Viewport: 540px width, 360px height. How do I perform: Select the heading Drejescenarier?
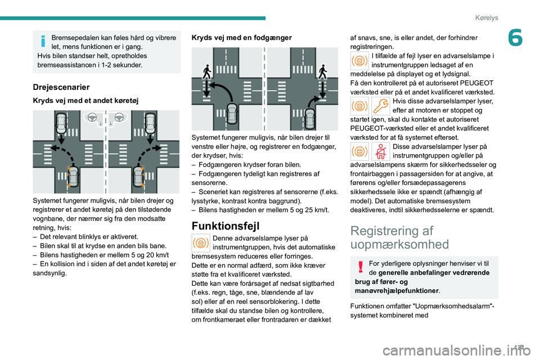pyautogui.click(x=61, y=87)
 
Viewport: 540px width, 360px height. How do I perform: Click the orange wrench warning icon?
pyautogui.click(x=380, y=105)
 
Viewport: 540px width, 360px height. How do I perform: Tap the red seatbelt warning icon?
pyautogui.click(x=380, y=151)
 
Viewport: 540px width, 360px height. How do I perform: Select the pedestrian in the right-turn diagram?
pyautogui.click(x=322, y=72)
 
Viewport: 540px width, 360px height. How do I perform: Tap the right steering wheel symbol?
pyautogui.click(x=118, y=118)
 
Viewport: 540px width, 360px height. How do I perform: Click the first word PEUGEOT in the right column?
pyautogui.click(x=480, y=83)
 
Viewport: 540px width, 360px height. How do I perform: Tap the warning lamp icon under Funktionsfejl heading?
pyautogui.click(x=201, y=243)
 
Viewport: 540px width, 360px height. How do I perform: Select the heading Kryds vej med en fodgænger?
pyautogui.click(x=242, y=38)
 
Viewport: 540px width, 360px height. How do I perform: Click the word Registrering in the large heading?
pyautogui.click(x=384, y=231)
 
